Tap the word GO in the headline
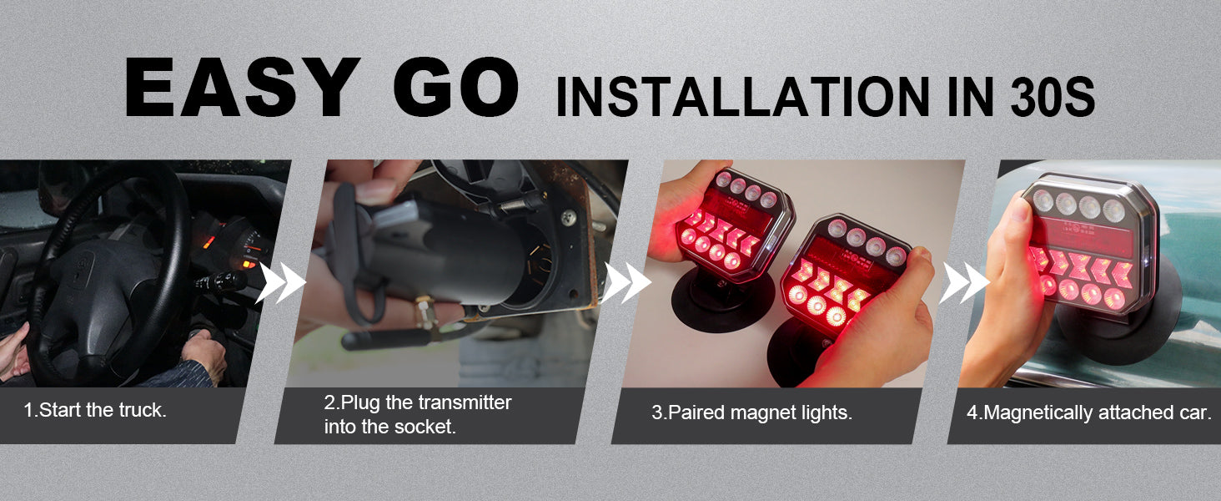tap(455, 87)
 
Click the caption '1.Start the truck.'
tap(95, 410)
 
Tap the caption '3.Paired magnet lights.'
tap(751, 412)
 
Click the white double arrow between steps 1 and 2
tap(280, 283)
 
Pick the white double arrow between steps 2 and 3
tap(626, 283)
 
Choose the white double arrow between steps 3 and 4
tap(964, 283)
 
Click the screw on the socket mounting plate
tap(570, 217)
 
